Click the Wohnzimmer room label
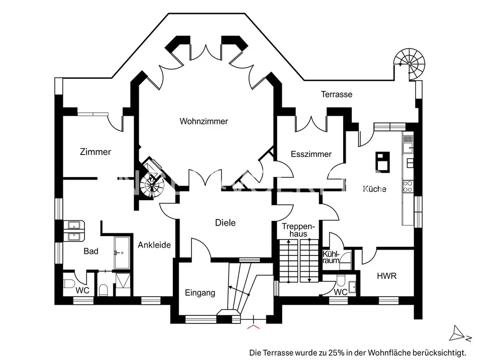204,121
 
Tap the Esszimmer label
311,155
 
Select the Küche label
374,189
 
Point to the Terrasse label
336,95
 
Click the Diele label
225,223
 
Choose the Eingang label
200,293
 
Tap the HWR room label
387,276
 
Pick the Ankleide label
154,245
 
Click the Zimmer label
96,152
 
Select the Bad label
91,251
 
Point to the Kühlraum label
331,257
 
